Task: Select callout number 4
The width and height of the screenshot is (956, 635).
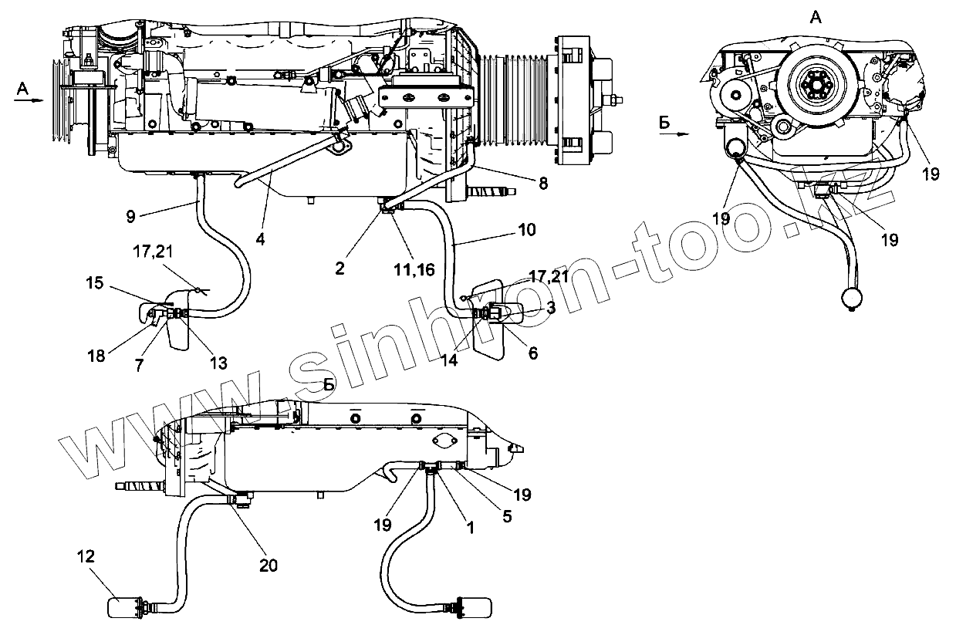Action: (x=261, y=240)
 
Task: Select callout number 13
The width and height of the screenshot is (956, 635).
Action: (x=219, y=363)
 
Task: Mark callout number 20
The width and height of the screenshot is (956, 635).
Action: (x=269, y=566)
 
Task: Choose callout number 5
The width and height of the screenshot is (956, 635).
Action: (x=507, y=517)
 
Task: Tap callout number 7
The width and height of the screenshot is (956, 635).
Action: (x=140, y=364)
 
